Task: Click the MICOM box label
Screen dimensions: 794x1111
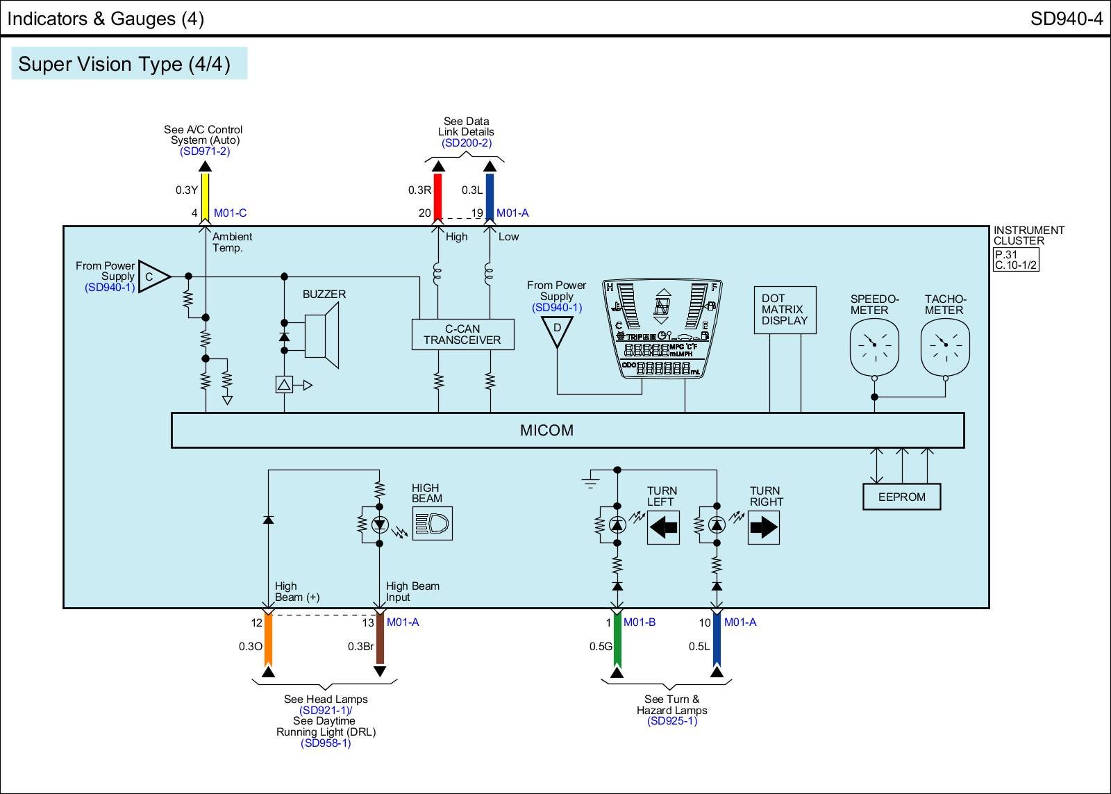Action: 546,431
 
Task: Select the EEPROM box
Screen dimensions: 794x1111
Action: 901,497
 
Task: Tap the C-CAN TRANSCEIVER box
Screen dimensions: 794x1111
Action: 462,335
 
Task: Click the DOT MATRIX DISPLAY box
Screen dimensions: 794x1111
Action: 785,310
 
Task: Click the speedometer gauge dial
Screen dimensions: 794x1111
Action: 874,345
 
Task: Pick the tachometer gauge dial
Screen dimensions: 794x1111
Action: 944,345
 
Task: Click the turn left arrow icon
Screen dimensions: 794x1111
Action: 663,527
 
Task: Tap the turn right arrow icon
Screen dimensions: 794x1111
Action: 764,527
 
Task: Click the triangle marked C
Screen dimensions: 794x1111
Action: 153,276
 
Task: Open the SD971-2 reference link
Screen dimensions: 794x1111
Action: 204,151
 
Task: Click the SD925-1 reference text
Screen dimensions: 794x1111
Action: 671,721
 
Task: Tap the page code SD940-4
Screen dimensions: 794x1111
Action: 1066,19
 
